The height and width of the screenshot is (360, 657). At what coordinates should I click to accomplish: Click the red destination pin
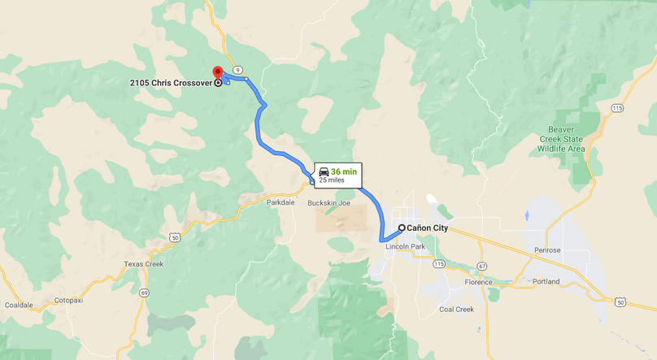click(217, 73)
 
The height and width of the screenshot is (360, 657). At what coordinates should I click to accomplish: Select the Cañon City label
click(428, 228)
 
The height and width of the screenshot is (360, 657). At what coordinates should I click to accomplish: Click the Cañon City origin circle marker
click(402, 228)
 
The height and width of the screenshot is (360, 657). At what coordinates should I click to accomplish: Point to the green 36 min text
click(344, 171)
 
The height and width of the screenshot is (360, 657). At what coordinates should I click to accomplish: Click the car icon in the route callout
click(324, 171)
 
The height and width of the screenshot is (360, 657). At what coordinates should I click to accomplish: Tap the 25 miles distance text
click(332, 180)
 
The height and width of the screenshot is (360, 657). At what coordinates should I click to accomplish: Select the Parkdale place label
click(281, 202)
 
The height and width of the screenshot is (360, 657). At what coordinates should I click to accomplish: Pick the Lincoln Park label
click(406, 246)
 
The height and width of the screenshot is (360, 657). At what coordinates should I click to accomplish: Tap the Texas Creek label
click(144, 264)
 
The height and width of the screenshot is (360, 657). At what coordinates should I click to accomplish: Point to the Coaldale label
click(19, 305)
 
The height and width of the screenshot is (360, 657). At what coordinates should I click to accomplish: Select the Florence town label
click(478, 283)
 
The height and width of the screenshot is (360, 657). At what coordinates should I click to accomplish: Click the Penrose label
click(547, 250)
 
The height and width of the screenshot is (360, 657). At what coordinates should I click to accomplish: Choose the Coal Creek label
click(456, 310)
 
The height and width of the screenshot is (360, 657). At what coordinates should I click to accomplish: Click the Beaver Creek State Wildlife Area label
click(577, 139)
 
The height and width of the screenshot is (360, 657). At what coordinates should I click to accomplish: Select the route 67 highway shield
click(482, 266)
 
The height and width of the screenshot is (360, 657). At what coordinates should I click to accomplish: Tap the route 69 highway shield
click(144, 293)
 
